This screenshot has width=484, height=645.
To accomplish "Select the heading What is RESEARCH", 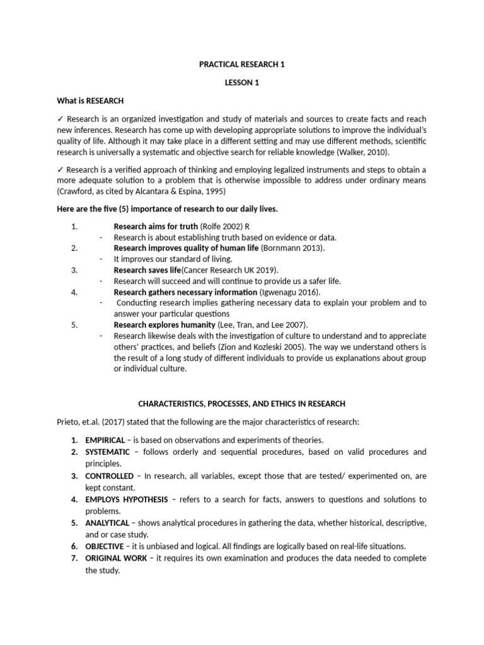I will (91, 101).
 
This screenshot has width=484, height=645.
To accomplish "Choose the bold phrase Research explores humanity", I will (164, 325).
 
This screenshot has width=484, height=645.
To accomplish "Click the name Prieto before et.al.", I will (69, 422).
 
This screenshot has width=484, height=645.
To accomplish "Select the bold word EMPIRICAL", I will (107, 440).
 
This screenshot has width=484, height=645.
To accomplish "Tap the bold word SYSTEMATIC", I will (109, 452).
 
